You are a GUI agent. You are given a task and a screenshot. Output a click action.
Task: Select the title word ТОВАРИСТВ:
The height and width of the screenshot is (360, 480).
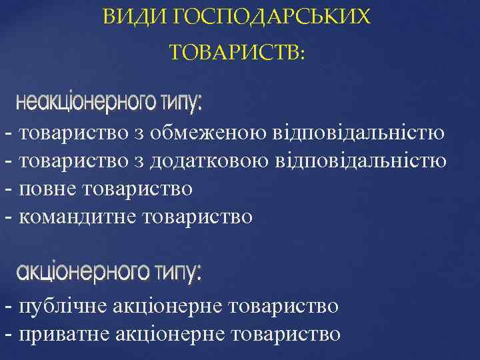(237, 52)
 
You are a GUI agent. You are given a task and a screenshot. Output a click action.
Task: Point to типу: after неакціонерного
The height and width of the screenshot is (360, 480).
(181, 103)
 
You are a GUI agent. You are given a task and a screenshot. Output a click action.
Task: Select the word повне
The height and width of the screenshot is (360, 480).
(49, 189)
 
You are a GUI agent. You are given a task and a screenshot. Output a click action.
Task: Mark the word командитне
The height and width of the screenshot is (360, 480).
(79, 217)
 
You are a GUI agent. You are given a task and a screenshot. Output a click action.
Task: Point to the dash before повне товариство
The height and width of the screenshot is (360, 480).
(8, 189)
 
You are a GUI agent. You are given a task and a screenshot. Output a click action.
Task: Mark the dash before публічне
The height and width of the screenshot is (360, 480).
(8, 307)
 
